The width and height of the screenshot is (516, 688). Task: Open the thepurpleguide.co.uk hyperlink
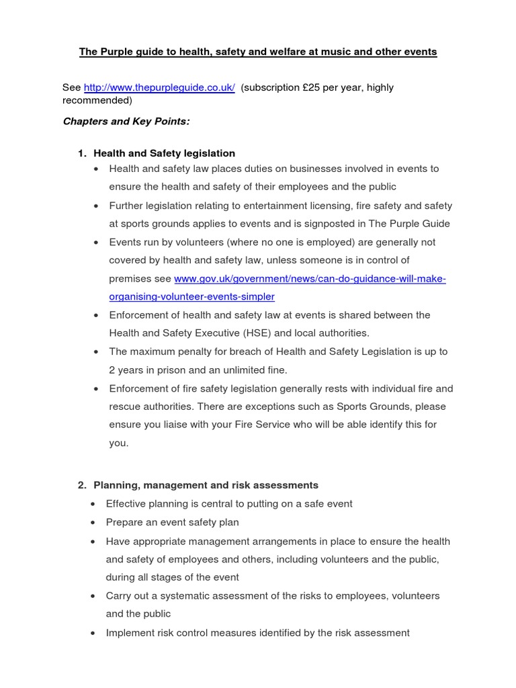(x=159, y=88)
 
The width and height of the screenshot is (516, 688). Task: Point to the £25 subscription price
(x=315, y=88)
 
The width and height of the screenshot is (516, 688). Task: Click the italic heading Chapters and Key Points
(x=126, y=122)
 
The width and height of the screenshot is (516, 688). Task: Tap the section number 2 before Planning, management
(x=81, y=484)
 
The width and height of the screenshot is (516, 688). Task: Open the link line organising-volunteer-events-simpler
(x=191, y=296)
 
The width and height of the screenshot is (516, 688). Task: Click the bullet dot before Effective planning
(x=93, y=504)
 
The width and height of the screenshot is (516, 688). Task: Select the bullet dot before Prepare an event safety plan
(x=93, y=522)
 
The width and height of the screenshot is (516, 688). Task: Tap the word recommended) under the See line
(x=97, y=101)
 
